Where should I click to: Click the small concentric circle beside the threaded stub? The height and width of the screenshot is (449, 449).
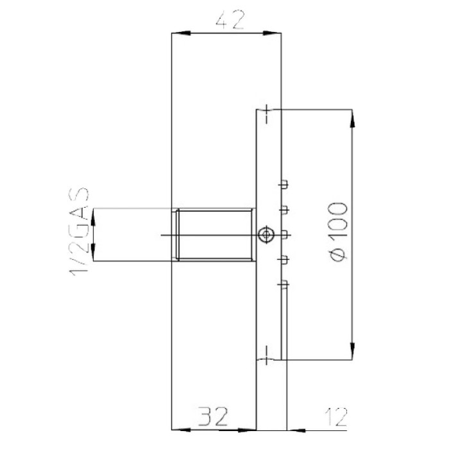tap(264, 235)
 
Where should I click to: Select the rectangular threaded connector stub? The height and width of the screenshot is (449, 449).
tap(214, 235)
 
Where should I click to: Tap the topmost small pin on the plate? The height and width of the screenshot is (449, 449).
tap(282, 185)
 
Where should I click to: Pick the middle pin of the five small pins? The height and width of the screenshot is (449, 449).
tap(282, 234)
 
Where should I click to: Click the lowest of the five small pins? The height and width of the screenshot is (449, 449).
tap(282, 283)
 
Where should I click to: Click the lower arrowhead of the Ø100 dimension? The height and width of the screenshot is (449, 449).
tap(352, 352)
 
